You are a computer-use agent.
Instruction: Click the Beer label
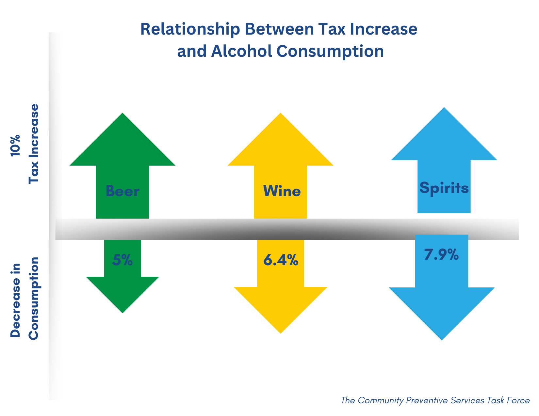(122, 191)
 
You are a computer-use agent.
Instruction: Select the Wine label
(282, 191)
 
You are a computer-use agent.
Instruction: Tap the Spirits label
(444, 188)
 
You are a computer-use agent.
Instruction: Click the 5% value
(122, 260)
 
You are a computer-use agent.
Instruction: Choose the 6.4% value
(281, 260)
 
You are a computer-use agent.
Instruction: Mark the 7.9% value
(441, 255)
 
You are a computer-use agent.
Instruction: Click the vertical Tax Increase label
(34, 144)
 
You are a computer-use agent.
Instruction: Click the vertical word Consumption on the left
(34, 298)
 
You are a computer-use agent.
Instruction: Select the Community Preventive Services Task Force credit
(435, 400)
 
